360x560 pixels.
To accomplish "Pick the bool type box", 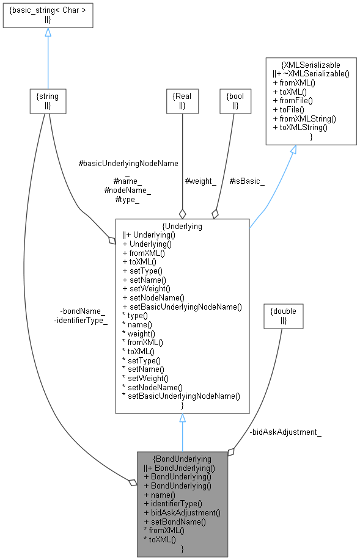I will [235, 101].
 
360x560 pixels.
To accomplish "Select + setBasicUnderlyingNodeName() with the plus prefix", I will [182, 306].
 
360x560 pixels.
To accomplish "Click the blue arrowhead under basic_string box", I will [48, 32].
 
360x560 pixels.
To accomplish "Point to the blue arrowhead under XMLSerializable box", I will [293, 150].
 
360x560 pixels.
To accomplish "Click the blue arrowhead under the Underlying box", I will [182, 418].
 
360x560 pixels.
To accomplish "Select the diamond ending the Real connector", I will [182, 214].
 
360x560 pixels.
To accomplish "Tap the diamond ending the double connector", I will [231, 452].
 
